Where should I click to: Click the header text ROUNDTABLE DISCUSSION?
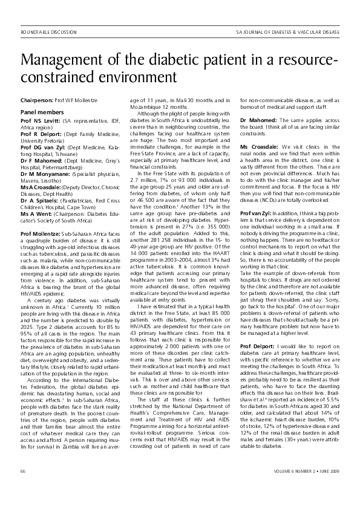click(49, 30)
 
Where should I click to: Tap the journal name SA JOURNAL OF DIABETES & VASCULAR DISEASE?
click(287, 30)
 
